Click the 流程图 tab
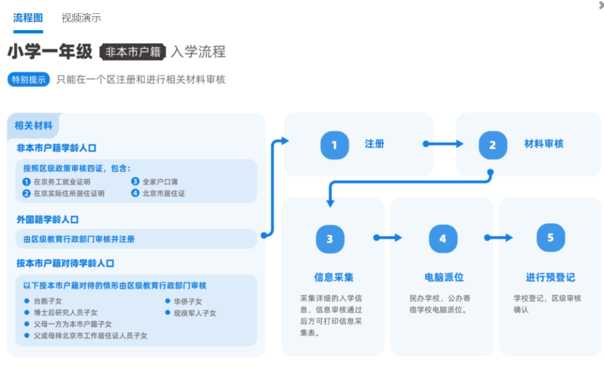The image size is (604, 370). tap(28, 17)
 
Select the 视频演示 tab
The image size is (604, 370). tap(81, 17)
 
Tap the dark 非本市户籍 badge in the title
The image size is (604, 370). tap(133, 52)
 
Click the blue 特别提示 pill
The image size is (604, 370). tap(29, 79)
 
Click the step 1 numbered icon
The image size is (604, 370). tap(334, 145)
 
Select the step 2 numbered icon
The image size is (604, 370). tap(493, 145)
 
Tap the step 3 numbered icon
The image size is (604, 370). tap(330, 239)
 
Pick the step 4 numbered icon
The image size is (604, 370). tap(443, 239)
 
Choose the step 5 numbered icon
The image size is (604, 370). tap(550, 238)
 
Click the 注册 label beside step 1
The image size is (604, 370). tap(375, 144)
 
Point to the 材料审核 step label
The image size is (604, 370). tap(544, 144)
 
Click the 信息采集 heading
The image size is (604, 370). tap(334, 277)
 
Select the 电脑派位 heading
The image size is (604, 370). tap(444, 277)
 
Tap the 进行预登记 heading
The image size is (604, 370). tap(550, 277)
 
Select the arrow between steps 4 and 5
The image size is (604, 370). tap(499, 238)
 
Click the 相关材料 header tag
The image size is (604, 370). tap(34, 126)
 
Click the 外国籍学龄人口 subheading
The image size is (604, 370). tap(48, 220)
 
